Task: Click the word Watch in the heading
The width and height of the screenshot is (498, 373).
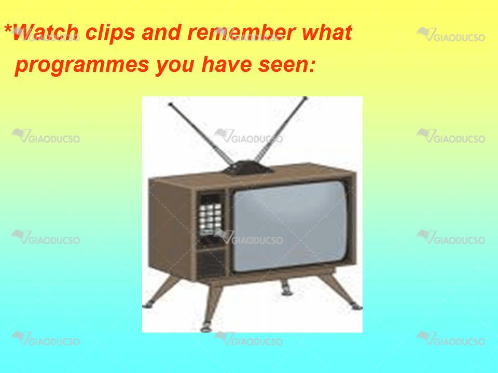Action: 45,32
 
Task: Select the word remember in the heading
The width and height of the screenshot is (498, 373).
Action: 241,32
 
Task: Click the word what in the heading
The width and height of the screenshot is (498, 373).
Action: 327,32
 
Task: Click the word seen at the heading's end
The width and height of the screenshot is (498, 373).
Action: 287,64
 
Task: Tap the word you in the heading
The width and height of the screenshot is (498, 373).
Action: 175,66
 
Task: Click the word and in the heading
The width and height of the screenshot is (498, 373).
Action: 161,32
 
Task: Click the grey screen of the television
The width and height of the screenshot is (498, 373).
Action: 289,226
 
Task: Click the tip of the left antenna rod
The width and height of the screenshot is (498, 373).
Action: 170,104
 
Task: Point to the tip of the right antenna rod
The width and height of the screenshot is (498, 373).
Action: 305,98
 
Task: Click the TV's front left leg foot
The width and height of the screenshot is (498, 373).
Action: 205,327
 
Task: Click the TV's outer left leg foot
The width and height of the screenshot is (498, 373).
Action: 147,306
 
